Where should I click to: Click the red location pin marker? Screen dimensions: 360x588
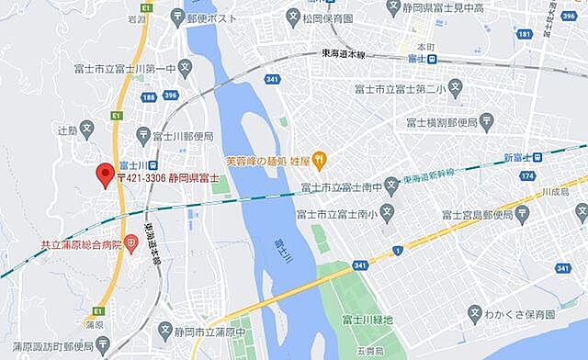105,174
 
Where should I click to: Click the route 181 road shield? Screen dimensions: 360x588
524,34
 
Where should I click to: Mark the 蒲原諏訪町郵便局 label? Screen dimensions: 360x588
47,347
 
